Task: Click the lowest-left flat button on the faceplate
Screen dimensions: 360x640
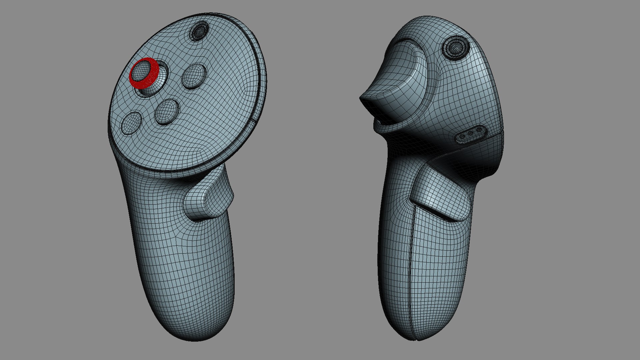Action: [131, 122]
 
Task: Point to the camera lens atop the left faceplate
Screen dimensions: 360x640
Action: [199, 31]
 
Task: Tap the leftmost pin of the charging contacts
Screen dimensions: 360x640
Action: [463, 136]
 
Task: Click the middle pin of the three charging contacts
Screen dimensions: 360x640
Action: [471, 133]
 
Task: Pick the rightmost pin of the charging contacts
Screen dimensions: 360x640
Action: [479, 130]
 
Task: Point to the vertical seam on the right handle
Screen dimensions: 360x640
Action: [410, 267]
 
